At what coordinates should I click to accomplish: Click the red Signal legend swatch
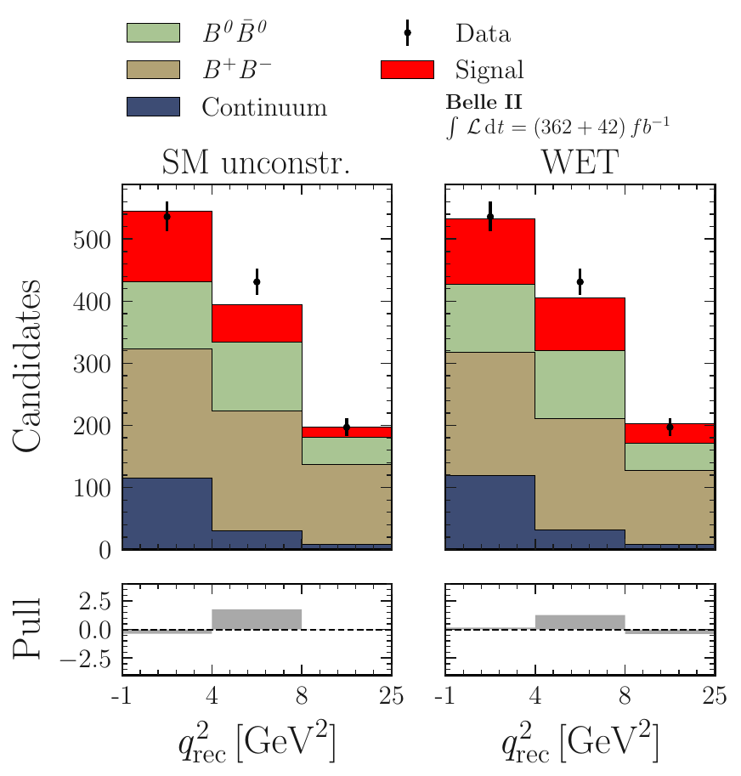407,69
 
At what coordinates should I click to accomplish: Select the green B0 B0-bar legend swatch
152,32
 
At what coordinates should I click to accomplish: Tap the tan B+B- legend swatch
152,69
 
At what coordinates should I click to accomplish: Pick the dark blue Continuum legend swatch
152,106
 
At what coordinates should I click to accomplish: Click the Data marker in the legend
407,33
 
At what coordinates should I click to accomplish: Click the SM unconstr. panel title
256,164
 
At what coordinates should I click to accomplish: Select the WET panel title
580,164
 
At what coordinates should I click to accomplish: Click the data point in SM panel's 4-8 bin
257,281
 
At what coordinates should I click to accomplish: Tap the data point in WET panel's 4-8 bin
580,281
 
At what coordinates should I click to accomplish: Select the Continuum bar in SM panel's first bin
167,513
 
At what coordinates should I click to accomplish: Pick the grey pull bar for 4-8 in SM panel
257,620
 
